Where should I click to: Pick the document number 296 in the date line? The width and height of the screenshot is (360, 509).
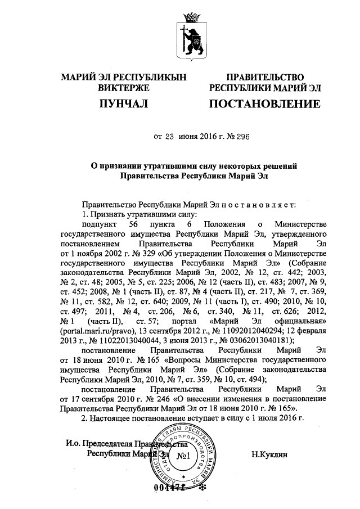pyautogui.click(x=242, y=136)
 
